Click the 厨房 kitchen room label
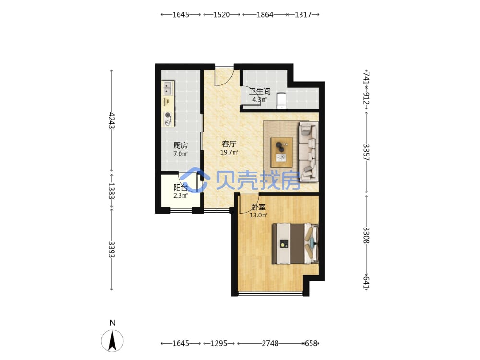180,145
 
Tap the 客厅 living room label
229,144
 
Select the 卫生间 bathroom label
260,91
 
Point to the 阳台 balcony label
180,187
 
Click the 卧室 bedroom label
258,207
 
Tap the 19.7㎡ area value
229,152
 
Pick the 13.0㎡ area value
258,215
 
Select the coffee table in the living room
282,152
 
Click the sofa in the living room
309,152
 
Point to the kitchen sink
168,88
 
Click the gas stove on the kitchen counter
168,119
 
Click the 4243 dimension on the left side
112,120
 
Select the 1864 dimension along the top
265,15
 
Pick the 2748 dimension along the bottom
270,344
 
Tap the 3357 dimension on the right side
366,153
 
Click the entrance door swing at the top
225,76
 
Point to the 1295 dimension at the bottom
218,344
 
